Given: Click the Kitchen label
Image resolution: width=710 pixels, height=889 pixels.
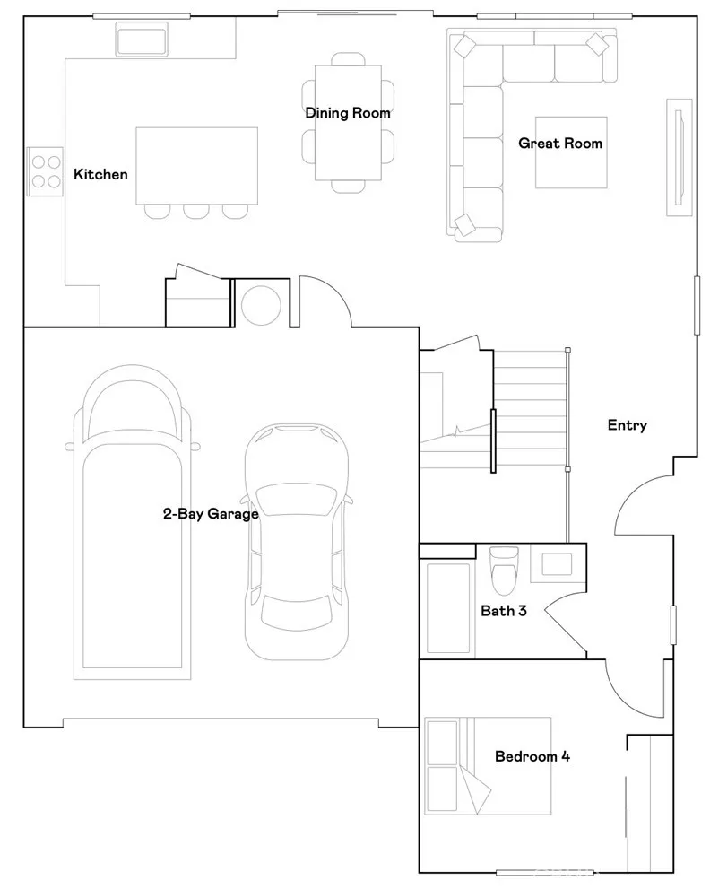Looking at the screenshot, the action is [x=100, y=174].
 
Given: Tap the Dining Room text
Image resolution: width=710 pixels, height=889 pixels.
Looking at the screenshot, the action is [x=348, y=113].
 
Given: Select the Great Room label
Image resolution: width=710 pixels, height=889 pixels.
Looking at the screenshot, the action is [x=560, y=143].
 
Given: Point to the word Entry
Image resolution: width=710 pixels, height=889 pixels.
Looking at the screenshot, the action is [x=628, y=425].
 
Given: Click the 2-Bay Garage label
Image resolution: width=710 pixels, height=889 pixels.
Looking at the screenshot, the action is [x=211, y=514].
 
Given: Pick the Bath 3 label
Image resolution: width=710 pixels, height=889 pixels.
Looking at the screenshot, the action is [x=504, y=611].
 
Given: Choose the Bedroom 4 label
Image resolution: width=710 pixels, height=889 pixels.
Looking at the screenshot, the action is [x=532, y=756].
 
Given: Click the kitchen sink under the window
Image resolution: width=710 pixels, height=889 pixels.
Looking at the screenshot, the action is [x=142, y=39].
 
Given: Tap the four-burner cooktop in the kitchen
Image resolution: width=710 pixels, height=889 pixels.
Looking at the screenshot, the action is [x=46, y=172].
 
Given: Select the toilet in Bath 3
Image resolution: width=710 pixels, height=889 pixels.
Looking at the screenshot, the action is [x=504, y=570].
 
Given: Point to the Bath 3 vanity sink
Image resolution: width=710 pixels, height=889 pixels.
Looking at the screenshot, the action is [x=557, y=564].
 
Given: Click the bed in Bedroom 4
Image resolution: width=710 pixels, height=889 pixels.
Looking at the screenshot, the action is [x=488, y=766].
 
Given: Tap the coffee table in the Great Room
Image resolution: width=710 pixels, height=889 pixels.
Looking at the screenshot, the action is [x=571, y=153].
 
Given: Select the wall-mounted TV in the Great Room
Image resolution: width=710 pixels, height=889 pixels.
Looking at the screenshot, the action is [x=679, y=157].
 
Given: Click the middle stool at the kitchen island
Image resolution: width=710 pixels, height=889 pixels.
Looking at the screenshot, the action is [x=196, y=211].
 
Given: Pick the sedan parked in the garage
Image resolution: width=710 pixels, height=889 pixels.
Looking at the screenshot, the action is [x=297, y=542].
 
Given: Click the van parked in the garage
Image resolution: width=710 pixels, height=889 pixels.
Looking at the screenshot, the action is [x=132, y=521].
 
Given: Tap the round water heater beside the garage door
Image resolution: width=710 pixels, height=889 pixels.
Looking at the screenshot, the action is [x=261, y=306].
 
